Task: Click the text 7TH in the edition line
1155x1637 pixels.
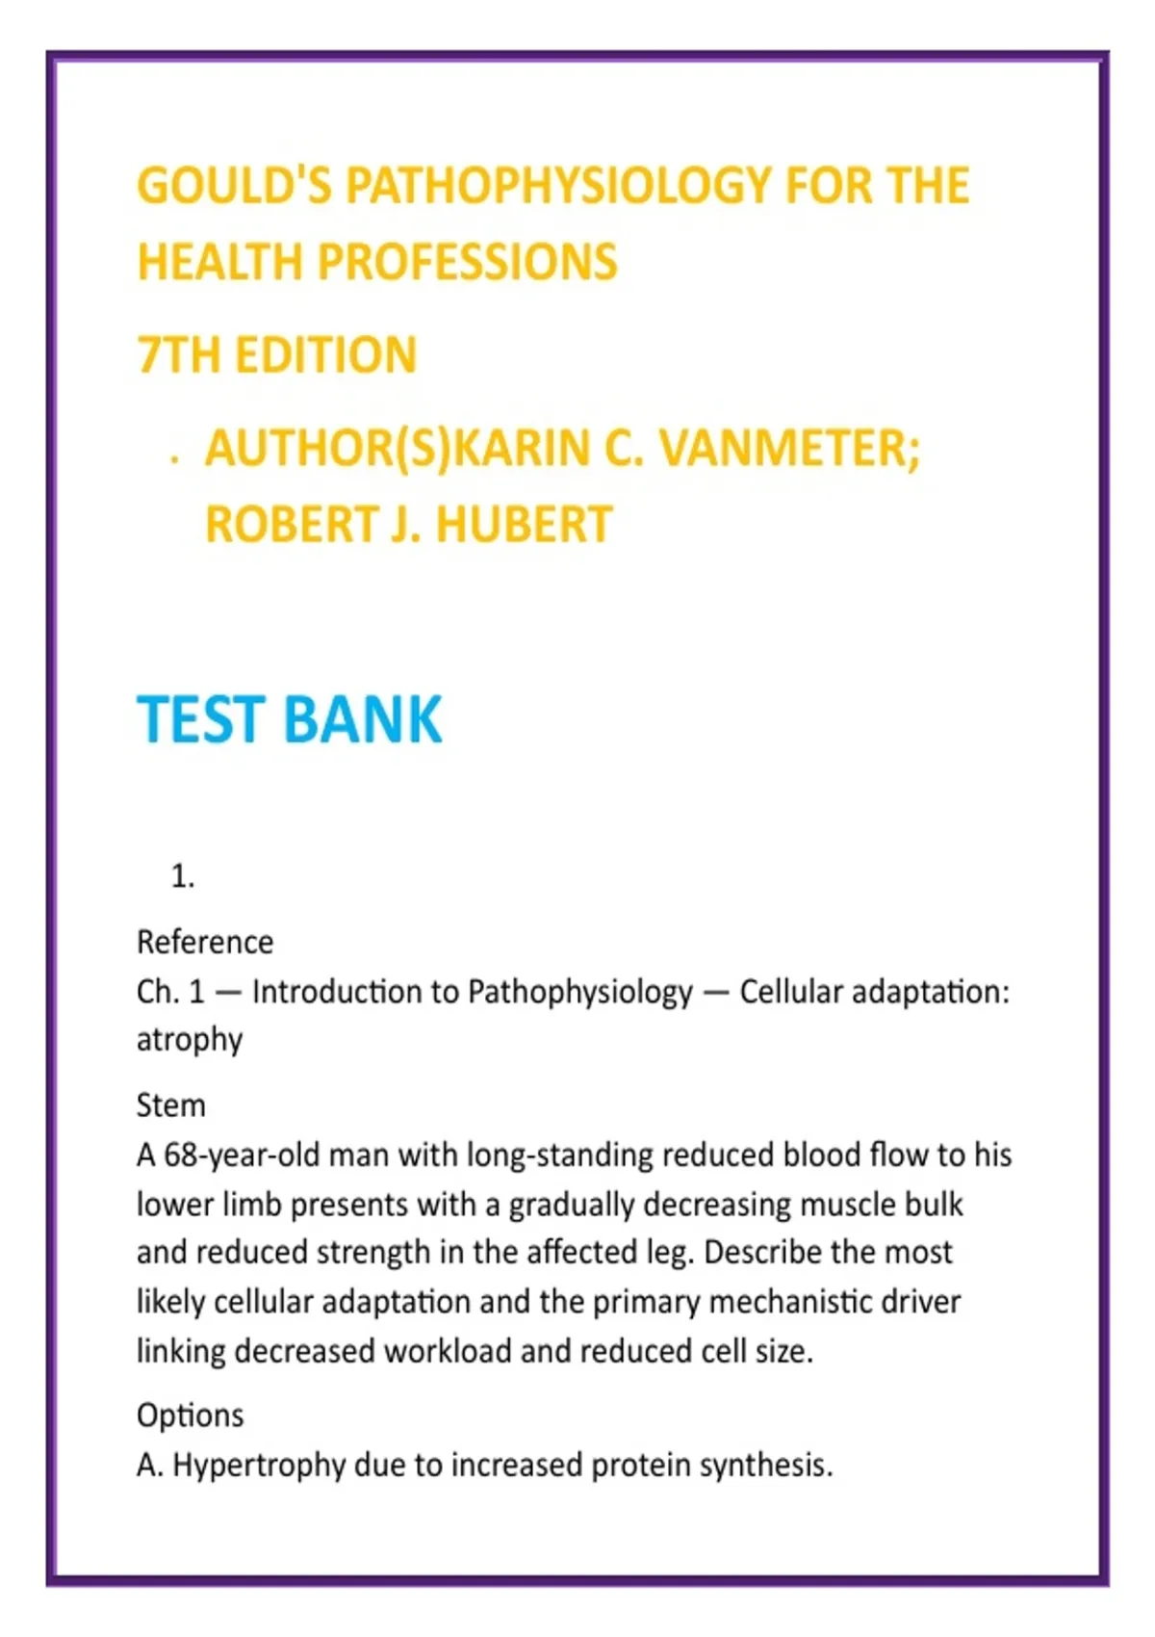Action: pos(178,355)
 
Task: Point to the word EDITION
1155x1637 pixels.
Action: pos(325,355)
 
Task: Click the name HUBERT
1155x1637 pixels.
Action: pos(524,526)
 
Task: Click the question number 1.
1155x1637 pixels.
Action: pos(182,877)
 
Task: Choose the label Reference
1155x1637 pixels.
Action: pos(205,942)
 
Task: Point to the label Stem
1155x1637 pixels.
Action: pos(171,1105)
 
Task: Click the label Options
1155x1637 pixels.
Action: pos(191,1416)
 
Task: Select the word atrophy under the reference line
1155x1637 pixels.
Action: pos(190,1041)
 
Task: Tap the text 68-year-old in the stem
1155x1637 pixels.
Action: pos(241,1155)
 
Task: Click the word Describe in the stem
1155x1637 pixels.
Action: pos(762,1253)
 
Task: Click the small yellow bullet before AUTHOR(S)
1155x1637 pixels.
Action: pos(173,460)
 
